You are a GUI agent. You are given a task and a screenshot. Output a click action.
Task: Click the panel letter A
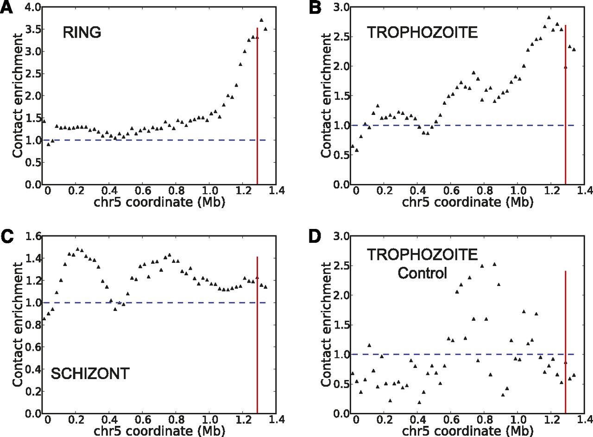pyautogui.click(x=6, y=9)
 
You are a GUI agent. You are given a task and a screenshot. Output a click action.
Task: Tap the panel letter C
pyautogui.click(x=6, y=237)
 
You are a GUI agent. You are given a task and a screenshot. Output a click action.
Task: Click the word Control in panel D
pyautogui.click(x=422, y=273)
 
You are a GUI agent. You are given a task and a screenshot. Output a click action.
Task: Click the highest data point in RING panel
pyautogui.click(x=262, y=20)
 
